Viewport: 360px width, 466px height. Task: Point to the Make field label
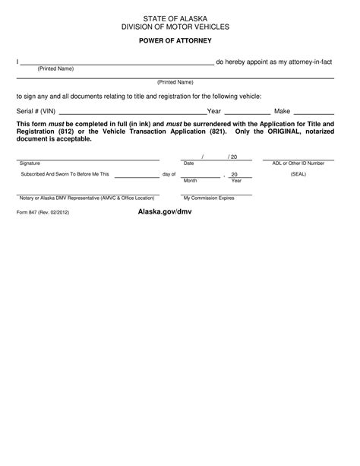pos(283,110)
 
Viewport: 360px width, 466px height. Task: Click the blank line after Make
pos(314,112)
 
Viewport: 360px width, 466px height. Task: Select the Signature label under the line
pos(30,163)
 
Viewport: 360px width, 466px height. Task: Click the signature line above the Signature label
pos(87,160)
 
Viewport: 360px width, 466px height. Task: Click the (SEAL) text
pos(298,174)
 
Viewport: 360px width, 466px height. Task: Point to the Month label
pos(190,181)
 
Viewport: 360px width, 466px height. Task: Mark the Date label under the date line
pos(189,163)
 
